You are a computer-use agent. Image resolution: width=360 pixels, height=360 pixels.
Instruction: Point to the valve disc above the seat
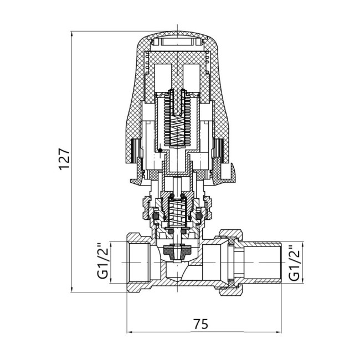pyautogui.click(x=177, y=250)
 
